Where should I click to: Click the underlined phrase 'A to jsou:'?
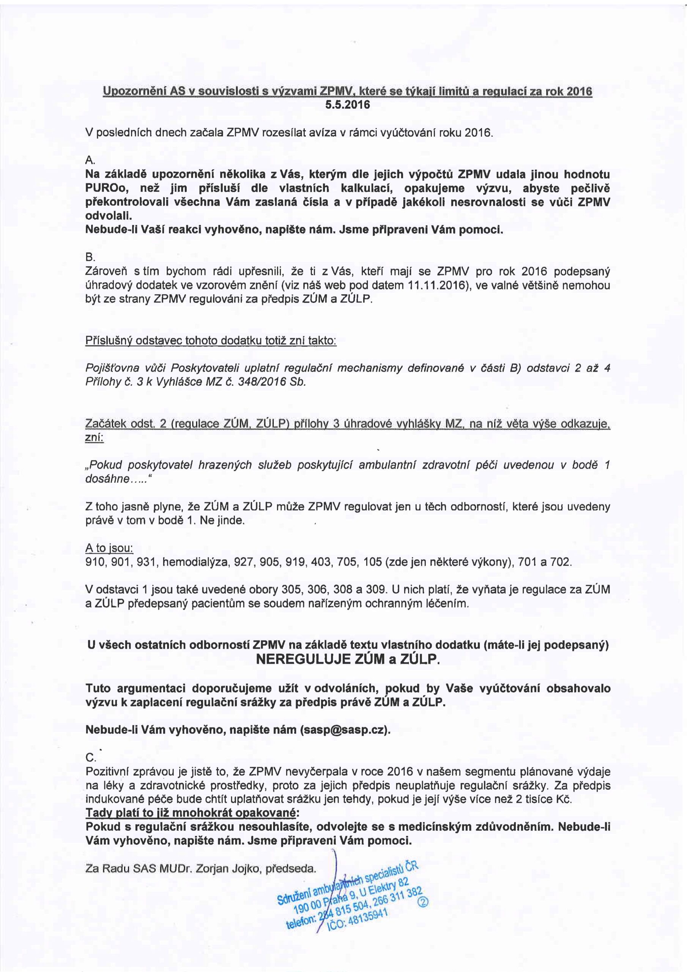click(110, 549)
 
